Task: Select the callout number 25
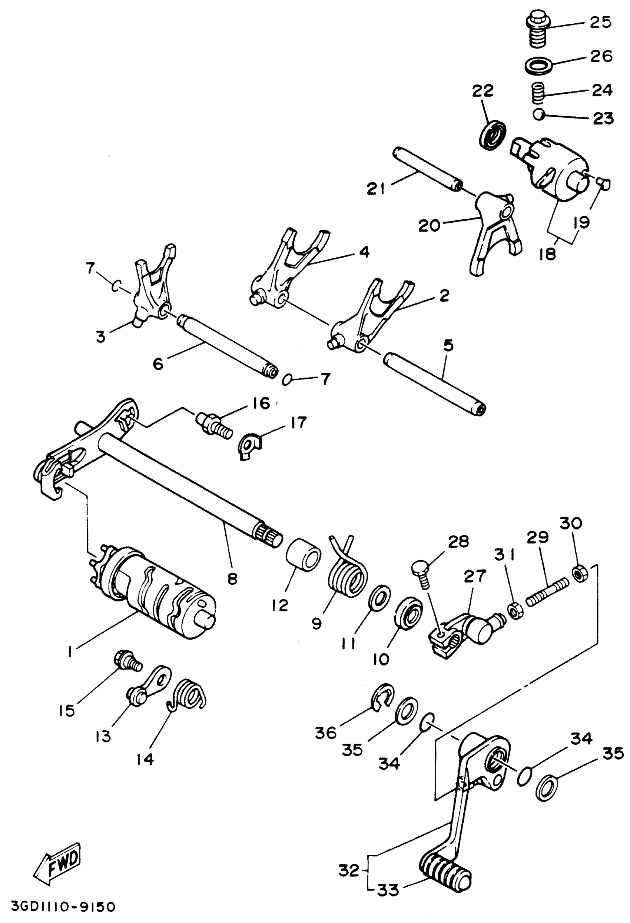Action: [x=600, y=22]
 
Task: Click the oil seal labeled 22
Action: [x=493, y=135]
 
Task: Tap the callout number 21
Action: [x=376, y=189]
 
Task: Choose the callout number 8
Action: [x=232, y=579]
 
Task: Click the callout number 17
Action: [x=298, y=422]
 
